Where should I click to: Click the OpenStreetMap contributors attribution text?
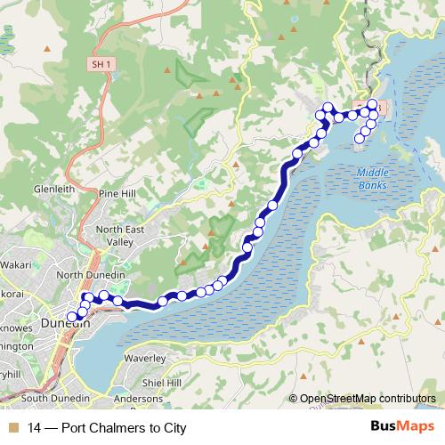click(367, 399)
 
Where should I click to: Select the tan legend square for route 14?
click(12, 428)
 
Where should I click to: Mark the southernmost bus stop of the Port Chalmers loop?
click(360, 138)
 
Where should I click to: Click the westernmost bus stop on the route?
click(72, 316)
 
